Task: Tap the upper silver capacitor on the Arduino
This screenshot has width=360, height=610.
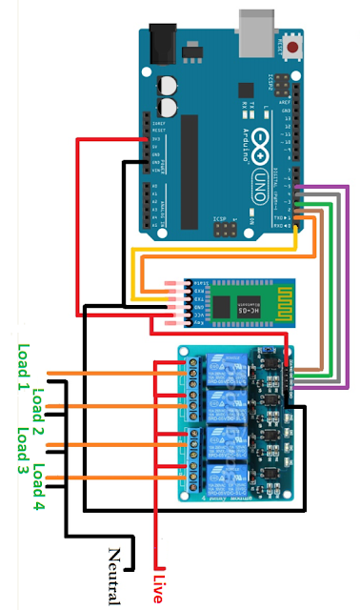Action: pyautogui.click(x=170, y=85)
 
